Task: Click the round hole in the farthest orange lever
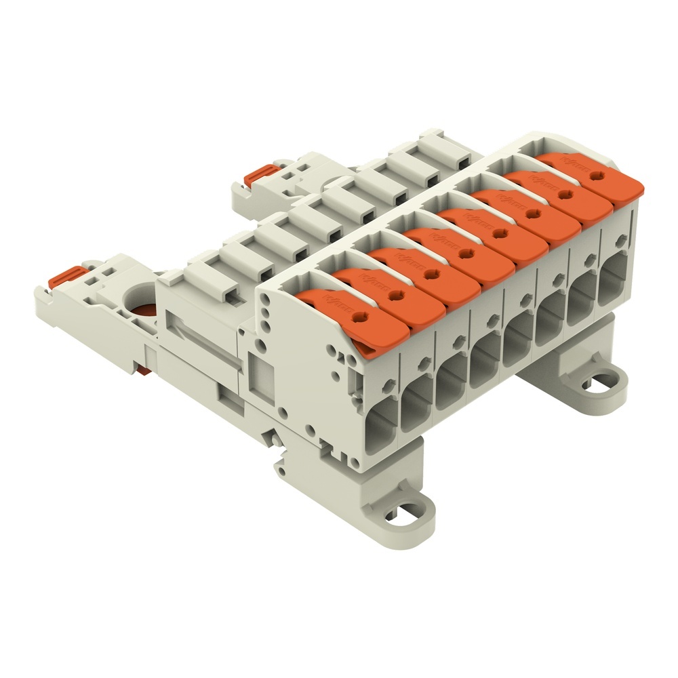[x=596, y=174]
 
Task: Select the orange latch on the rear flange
[x=258, y=175]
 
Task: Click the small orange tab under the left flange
[x=142, y=369]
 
